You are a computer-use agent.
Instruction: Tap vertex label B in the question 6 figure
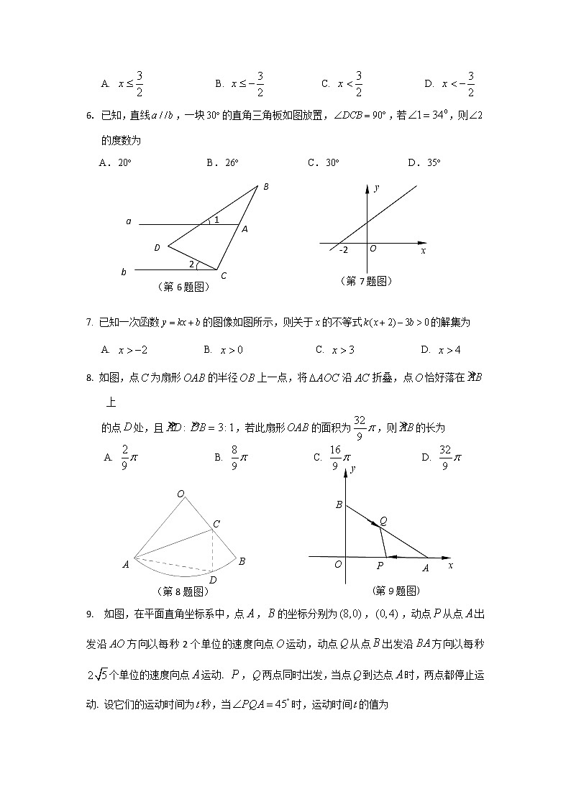(265, 187)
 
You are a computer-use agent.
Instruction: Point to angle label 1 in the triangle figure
(216, 220)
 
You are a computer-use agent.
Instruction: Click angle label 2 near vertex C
(191, 264)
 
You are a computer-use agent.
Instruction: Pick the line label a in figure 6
(128, 222)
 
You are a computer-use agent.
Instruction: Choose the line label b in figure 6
(124, 272)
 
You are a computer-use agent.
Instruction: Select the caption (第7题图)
(366, 282)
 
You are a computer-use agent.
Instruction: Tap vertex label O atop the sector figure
(181, 494)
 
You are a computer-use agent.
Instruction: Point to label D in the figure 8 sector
(213, 580)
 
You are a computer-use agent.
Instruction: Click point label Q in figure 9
(383, 521)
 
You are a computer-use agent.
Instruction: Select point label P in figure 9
(380, 566)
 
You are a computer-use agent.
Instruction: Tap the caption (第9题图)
(395, 591)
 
